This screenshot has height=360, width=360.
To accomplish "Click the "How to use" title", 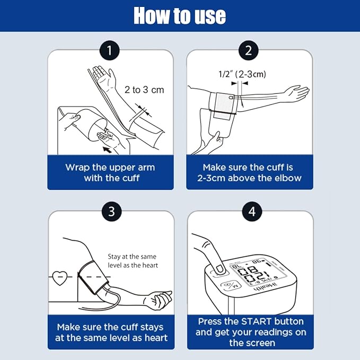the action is [180, 15].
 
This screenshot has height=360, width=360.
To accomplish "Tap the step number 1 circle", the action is [110, 50].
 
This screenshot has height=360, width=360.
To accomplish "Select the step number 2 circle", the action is [249, 50].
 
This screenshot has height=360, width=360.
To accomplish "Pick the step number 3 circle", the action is [111, 211].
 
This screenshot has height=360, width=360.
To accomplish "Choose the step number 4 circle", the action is [252, 211].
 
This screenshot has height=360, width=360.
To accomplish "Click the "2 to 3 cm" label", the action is [144, 90].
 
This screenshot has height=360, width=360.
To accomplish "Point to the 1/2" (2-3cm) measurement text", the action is [242, 74].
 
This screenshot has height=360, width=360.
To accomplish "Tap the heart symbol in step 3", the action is [60, 278].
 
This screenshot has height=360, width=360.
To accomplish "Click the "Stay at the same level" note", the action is [133, 261].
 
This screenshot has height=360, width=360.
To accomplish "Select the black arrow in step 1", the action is [107, 150].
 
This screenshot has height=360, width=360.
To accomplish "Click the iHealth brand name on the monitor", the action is [266, 287].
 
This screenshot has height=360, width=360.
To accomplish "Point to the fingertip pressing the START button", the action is [219, 269].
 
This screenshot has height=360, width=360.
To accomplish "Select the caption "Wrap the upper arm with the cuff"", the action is [110, 173].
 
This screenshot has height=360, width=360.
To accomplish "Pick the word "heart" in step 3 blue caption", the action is [156, 338].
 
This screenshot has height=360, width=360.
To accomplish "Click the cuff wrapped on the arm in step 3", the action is [93, 277].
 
